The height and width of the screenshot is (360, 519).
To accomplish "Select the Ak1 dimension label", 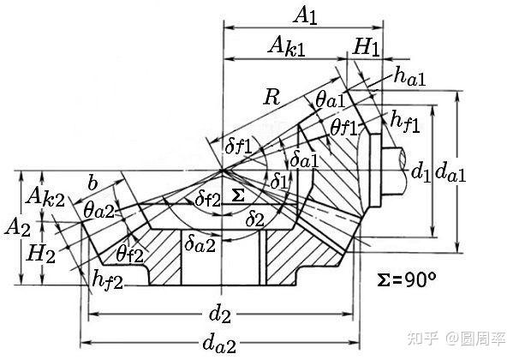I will (289, 46).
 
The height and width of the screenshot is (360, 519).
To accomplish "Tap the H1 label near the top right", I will (366, 48).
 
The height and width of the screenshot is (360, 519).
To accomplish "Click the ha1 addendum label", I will (410, 78).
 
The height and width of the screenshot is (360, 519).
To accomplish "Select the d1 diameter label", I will (420, 173).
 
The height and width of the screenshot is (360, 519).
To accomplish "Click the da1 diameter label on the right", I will (450, 174).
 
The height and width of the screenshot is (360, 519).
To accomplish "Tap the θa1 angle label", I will (330, 101).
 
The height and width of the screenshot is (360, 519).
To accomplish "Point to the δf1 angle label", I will (238, 147).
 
